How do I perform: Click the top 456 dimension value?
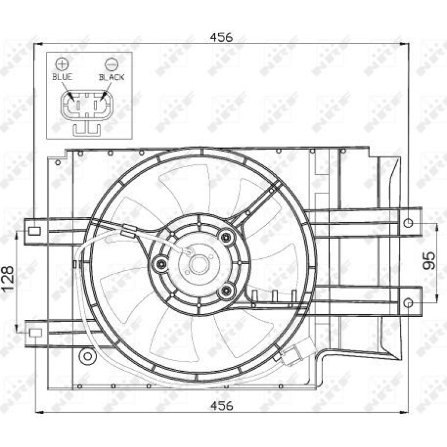(x=221, y=37)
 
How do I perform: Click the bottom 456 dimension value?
(x=222, y=405)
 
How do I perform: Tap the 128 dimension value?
(x=8, y=278)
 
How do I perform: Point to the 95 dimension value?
(x=429, y=260)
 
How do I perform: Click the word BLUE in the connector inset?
(x=62, y=77)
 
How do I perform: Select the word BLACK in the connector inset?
(x=111, y=77)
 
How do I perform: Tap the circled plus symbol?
(x=62, y=64)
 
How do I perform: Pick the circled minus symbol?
(x=111, y=64)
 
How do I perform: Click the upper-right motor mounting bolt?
(x=226, y=237)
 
